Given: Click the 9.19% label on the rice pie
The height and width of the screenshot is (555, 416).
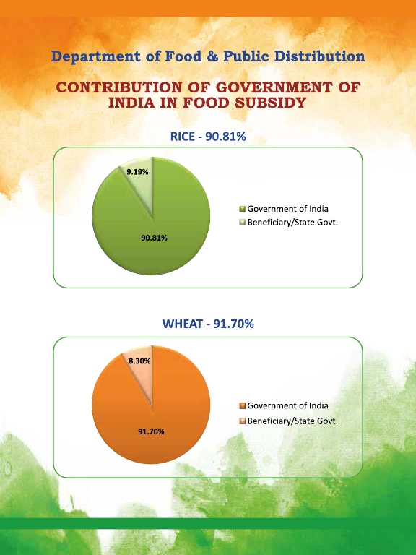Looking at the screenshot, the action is (x=138, y=172).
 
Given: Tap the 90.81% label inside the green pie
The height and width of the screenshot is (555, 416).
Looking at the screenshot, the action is (x=155, y=238).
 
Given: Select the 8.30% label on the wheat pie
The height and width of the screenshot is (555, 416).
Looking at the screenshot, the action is (x=139, y=361).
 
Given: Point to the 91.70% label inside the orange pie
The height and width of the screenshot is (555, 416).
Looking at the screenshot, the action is (x=151, y=431).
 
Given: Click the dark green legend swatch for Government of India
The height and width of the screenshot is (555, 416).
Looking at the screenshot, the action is (x=243, y=209).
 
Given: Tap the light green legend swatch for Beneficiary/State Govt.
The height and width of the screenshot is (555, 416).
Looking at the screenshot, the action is (x=243, y=223).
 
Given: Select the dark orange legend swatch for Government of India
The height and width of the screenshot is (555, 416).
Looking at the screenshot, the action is (x=243, y=405).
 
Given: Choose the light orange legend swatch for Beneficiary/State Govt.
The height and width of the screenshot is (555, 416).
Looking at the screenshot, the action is (x=243, y=421).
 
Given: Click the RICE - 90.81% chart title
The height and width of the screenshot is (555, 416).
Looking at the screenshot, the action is (x=208, y=137).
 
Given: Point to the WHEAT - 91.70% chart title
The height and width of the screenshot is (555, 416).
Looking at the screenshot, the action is (x=208, y=324).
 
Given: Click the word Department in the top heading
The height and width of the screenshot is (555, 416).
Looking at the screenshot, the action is (x=96, y=56).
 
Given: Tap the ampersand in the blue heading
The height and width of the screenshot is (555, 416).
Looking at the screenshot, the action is (x=212, y=56).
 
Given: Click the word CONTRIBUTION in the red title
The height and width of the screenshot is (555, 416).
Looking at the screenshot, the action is (x=120, y=87).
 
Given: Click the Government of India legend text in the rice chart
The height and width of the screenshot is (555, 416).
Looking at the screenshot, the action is (x=287, y=209).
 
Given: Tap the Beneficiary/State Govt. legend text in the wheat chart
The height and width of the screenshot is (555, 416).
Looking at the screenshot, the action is (x=292, y=421).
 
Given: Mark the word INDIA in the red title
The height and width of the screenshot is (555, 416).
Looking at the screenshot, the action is (x=131, y=103).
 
